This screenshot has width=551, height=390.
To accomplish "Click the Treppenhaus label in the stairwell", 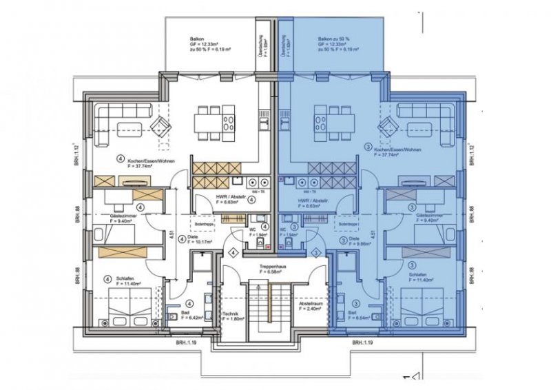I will click(273, 268).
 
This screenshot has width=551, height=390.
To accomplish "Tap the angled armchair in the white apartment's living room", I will click(162, 126).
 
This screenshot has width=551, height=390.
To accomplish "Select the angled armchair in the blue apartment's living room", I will click(388, 126).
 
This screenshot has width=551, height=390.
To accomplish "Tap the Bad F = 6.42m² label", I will click(189, 316).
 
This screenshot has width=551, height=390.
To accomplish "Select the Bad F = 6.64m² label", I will click(362, 316).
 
